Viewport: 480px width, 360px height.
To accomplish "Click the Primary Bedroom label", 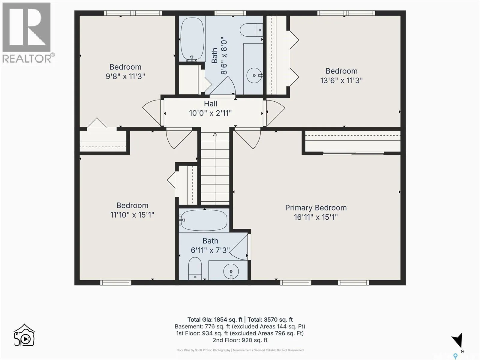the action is pos(316,208).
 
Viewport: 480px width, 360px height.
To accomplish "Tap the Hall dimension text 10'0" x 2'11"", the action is pos(210,113).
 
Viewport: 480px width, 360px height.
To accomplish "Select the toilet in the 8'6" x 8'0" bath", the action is pos(251,30).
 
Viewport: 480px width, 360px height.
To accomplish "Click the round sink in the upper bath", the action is pos(254,75).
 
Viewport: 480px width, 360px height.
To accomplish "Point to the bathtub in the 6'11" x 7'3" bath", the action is pos(204,220).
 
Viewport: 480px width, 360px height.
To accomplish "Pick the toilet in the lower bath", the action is pos(195,268).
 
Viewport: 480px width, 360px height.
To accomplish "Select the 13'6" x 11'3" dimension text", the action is pos(341,81).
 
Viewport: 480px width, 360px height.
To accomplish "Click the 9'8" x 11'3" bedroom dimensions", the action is pos(125,76).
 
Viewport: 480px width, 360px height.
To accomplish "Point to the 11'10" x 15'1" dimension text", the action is pos(132,215).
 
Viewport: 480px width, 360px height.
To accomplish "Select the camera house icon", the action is pos(24,335).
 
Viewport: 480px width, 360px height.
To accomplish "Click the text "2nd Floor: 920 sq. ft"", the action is pos(240,340).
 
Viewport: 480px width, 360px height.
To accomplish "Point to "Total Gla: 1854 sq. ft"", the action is pos(215,319).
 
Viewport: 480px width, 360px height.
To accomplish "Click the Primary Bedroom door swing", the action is pos(248,139).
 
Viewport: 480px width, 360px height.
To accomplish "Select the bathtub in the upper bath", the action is pos(192,39).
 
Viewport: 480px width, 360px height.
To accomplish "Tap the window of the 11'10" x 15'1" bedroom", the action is pos(116,283).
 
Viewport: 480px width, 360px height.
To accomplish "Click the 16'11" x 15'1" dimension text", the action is pos(316,217).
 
